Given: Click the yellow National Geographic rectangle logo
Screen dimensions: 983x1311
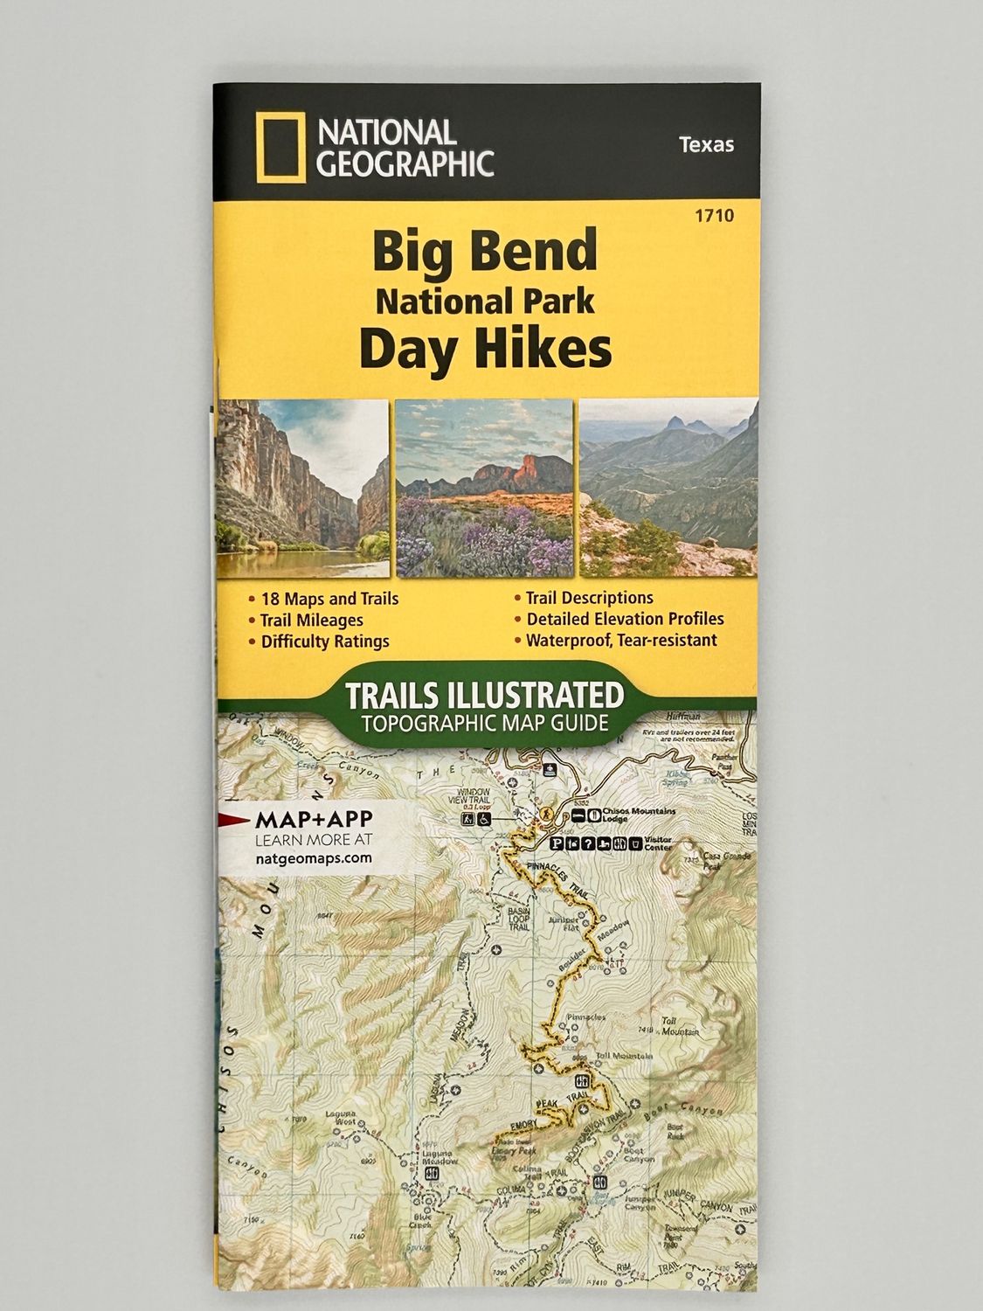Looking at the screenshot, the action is (281, 148).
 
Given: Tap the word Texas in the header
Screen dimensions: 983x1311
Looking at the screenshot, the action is (706, 145).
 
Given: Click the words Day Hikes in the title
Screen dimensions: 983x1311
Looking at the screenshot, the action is (485, 349).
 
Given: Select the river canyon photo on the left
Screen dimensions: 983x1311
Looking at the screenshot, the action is (301, 488).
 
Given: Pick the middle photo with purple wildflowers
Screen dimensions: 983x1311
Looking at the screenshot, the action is (485, 488).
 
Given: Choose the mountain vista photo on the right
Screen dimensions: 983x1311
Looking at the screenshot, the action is (668, 488).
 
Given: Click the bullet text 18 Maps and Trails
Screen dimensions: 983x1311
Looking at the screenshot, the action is (329, 599).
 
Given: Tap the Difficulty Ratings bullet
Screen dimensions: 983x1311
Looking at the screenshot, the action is (325, 642).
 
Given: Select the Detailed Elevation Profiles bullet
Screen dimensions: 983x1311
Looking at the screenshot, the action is (625, 619).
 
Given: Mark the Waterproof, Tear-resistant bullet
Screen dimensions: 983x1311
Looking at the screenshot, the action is (621, 640).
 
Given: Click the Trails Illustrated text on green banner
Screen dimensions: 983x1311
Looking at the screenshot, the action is (485, 696).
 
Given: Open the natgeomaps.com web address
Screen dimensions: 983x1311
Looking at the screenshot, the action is (314, 857).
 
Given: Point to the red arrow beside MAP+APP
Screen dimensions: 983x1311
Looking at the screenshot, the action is (234, 819).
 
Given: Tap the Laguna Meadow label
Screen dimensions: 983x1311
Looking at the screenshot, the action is (439, 1157).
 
